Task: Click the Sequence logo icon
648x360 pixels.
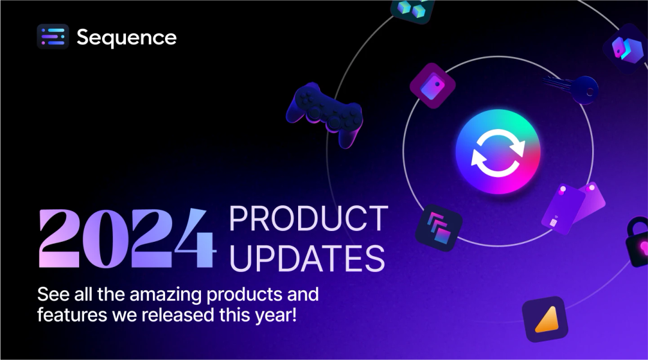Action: (x=53, y=37)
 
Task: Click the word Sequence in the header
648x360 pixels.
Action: (x=127, y=38)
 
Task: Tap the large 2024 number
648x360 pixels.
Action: (x=127, y=239)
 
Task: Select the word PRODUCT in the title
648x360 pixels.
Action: (x=308, y=218)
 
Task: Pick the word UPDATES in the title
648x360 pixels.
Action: (x=307, y=257)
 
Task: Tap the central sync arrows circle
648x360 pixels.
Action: (x=498, y=152)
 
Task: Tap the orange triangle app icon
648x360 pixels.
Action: (x=544, y=319)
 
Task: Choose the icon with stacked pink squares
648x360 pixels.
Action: (x=439, y=228)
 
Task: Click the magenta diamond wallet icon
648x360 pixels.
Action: (x=433, y=86)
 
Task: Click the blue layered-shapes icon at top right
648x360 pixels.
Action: (x=625, y=49)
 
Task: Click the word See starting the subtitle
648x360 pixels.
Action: (x=52, y=295)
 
